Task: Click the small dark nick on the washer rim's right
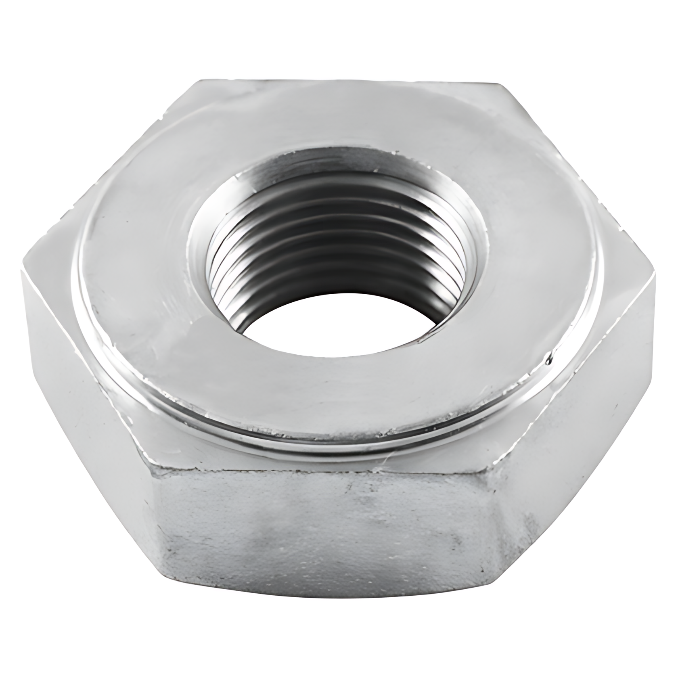coord(548,357)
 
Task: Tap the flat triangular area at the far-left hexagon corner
coord(48,262)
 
